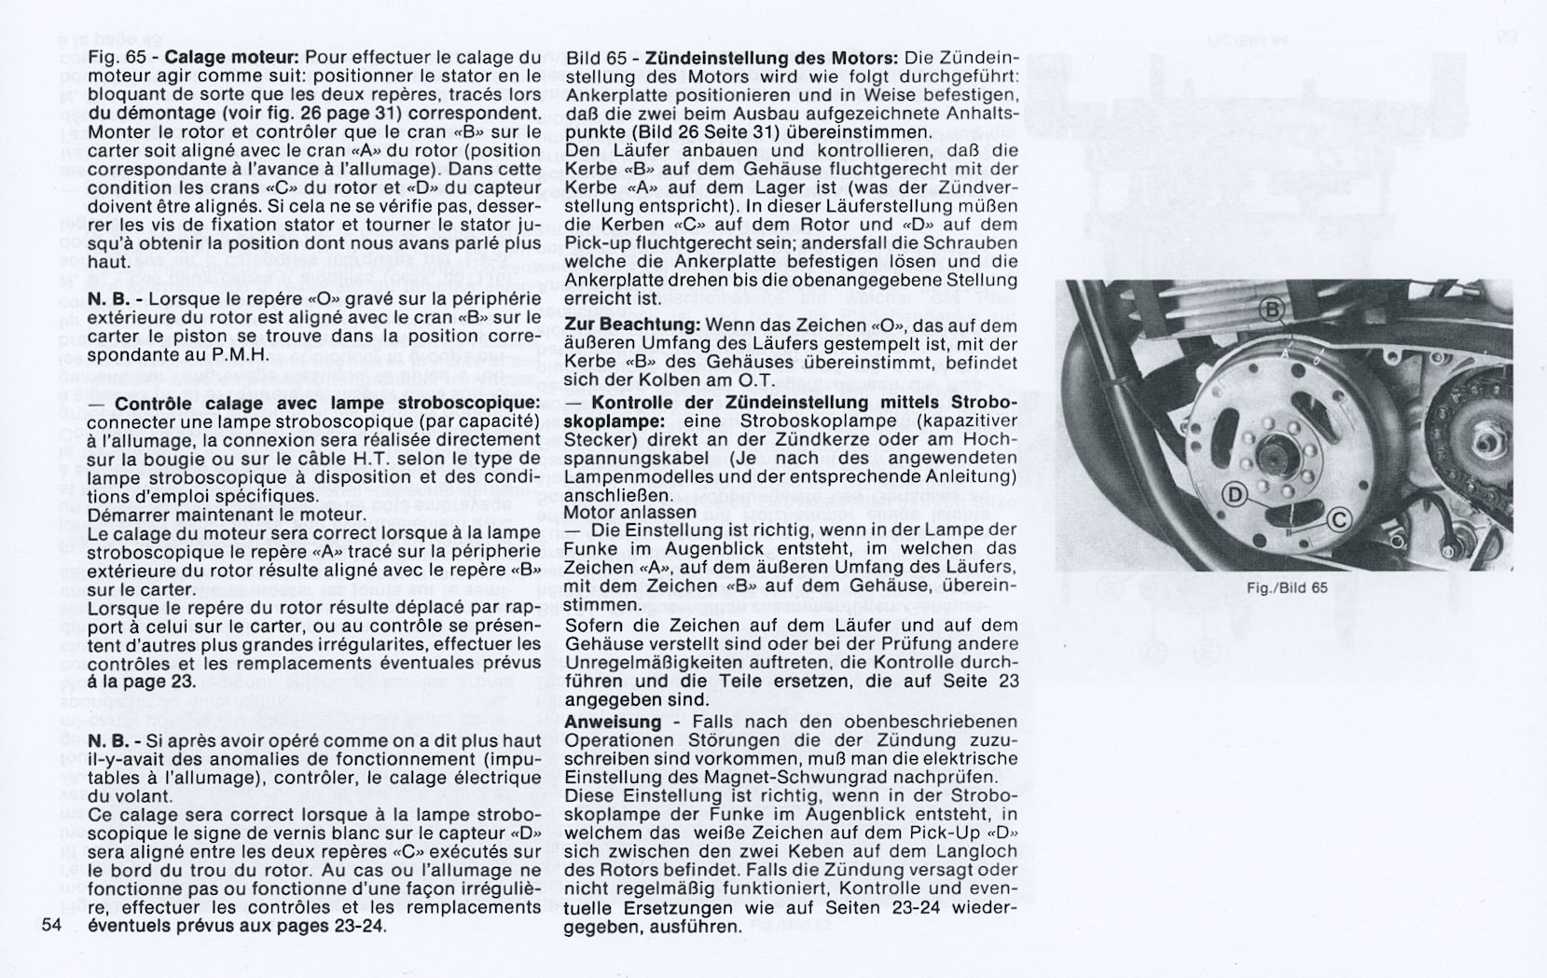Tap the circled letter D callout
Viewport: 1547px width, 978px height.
click(1235, 494)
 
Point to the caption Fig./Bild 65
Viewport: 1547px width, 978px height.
click(1286, 587)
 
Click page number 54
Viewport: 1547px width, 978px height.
click(51, 927)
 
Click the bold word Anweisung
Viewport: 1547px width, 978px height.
click(613, 723)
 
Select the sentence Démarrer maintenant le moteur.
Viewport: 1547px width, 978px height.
click(227, 514)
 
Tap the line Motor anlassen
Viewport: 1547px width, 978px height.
click(630, 512)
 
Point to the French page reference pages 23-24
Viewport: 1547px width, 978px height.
click(336, 927)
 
